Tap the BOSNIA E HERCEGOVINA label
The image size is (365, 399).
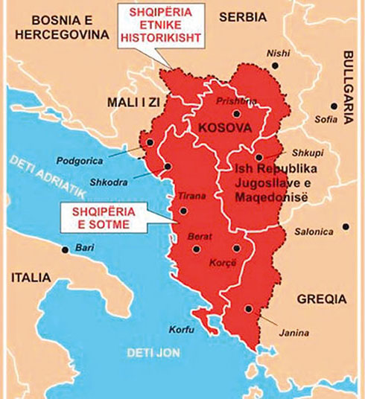pos(46,28)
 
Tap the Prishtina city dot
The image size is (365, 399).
pos(236,114)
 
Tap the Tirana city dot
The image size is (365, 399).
pos(182,211)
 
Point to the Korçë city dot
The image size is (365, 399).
pos(236,249)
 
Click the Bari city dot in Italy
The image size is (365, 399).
pos(66,249)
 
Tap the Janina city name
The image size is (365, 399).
pos(294,333)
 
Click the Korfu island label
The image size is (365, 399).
pos(182,329)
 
